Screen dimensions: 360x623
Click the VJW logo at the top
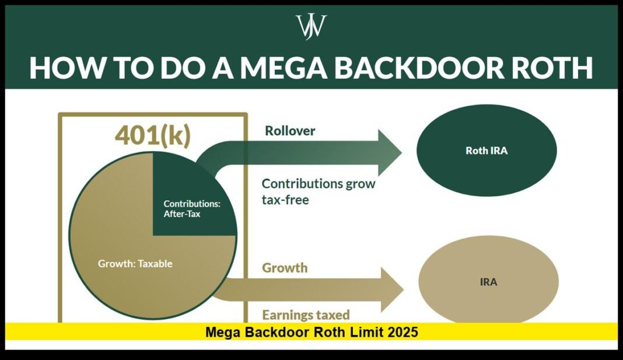pos(311,27)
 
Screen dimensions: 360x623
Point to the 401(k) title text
pos(152,136)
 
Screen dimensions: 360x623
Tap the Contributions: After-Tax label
pos(191,209)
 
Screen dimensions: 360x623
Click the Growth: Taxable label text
pos(135,263)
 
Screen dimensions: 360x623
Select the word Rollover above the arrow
pos(290,131)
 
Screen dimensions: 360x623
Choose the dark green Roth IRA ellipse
pos(487,150)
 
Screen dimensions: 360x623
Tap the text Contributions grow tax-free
pos(318,191)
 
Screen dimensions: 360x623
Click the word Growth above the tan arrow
pos(285,268)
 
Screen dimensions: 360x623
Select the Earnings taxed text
pos(306,315)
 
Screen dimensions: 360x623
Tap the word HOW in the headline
pos(61,68)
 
